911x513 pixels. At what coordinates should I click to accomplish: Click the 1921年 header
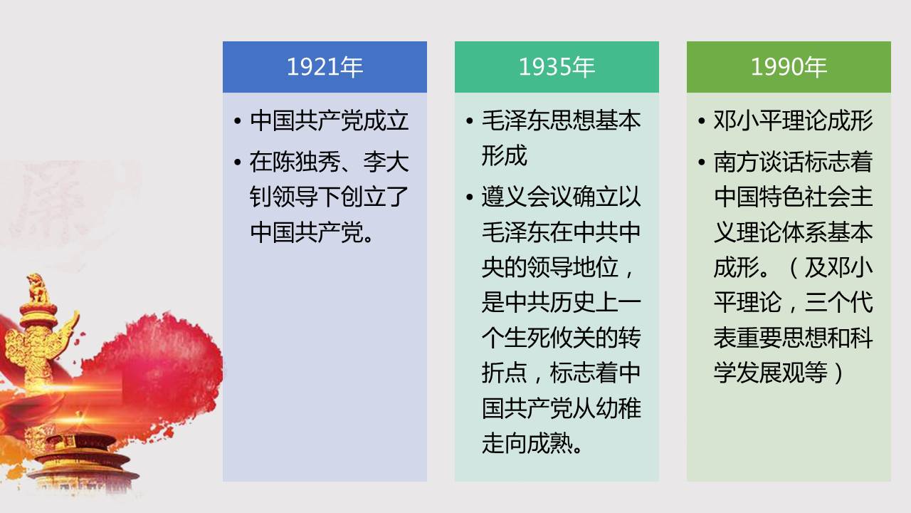(x=325, y=67)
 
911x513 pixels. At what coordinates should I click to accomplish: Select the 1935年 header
(x=557, y=67)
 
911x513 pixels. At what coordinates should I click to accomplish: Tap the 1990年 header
(x=789, y=67)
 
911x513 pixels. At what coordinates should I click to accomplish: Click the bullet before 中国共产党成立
(x=238, y=121)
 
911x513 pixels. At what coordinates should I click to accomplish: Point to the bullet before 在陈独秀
(x=238, y=162)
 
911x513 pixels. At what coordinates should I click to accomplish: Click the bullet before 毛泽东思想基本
(x=470, y=121)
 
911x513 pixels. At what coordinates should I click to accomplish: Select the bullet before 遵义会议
(x=470, y=197)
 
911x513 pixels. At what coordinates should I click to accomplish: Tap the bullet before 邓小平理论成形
(x=702, y=121)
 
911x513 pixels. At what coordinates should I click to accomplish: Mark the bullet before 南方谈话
(x=702, y=162)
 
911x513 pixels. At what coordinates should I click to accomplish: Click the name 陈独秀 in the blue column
(x=307, y=162)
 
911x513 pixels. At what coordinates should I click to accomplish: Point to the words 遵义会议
(x=527, y=197)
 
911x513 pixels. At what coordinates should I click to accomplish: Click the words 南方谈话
(x=759, y=162)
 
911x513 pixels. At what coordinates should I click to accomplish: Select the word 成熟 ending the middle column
(x=550, y=443)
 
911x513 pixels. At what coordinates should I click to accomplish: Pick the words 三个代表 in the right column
(x=838, y=303)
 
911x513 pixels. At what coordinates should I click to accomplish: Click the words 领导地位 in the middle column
(x=573, y=267)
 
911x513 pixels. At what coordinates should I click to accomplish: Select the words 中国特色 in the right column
(x=759, y=197)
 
